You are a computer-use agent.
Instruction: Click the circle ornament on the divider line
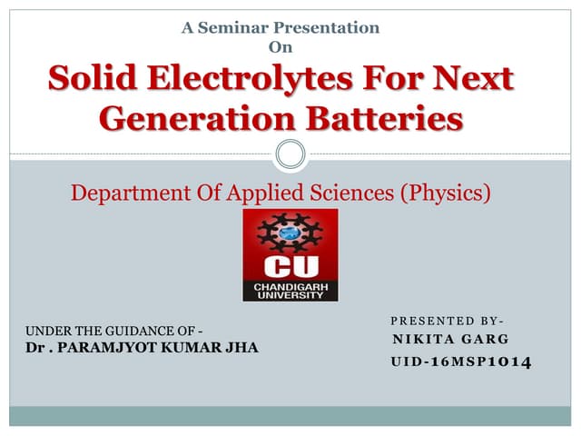(290, 154)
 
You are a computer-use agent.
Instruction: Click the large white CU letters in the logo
(290, 268)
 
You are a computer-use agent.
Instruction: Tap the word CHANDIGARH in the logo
(290, 287)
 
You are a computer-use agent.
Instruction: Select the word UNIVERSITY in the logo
(290, 296)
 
